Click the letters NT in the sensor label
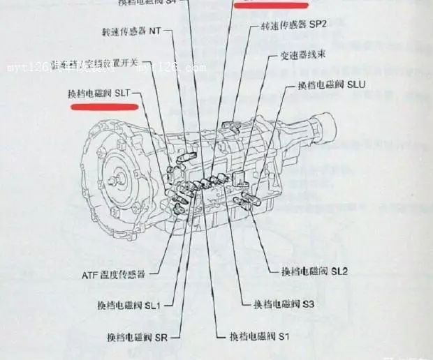[x=155, y=32]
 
